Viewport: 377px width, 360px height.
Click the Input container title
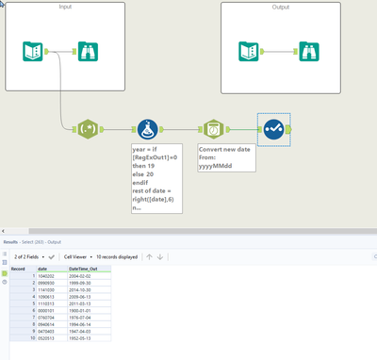[65, 8]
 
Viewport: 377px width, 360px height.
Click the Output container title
[279, 8]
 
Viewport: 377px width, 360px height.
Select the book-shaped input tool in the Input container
[34, 51]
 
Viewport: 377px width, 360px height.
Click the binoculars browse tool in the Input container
[86, 51]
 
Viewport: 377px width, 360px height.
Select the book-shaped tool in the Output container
[250, 51]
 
